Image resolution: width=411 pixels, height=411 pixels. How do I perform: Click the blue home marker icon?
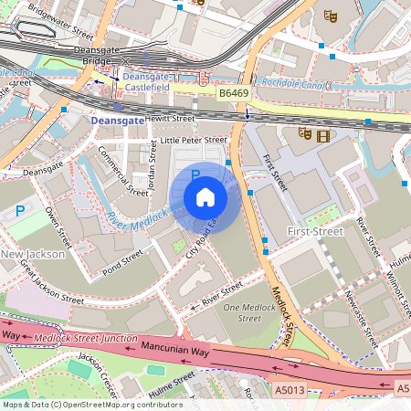click(205, 196)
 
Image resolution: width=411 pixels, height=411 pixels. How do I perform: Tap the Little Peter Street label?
click(193, 140)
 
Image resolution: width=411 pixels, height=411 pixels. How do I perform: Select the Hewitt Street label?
click(169, 119)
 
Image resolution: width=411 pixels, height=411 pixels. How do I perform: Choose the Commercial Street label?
click(122, 171)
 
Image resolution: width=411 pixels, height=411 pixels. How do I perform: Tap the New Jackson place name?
click(33, 254)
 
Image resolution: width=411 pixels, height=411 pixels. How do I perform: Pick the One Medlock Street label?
click(249, 312)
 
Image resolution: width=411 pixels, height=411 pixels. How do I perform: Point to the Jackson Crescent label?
click(100, 370)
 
